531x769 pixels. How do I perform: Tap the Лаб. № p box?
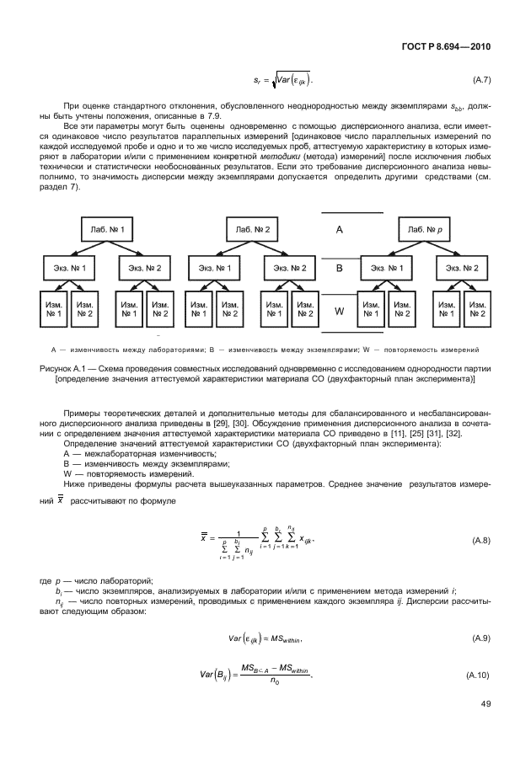click(x=426, y=229)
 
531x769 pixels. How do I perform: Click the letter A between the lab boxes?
click(x=339, y=229)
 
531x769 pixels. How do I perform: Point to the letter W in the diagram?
click(x=340, y=310)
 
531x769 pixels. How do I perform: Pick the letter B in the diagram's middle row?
click(x=339, y=269)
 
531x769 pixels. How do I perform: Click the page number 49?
click(x=485, y=725)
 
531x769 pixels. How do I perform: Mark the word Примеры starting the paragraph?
click(x=84, y=412)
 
